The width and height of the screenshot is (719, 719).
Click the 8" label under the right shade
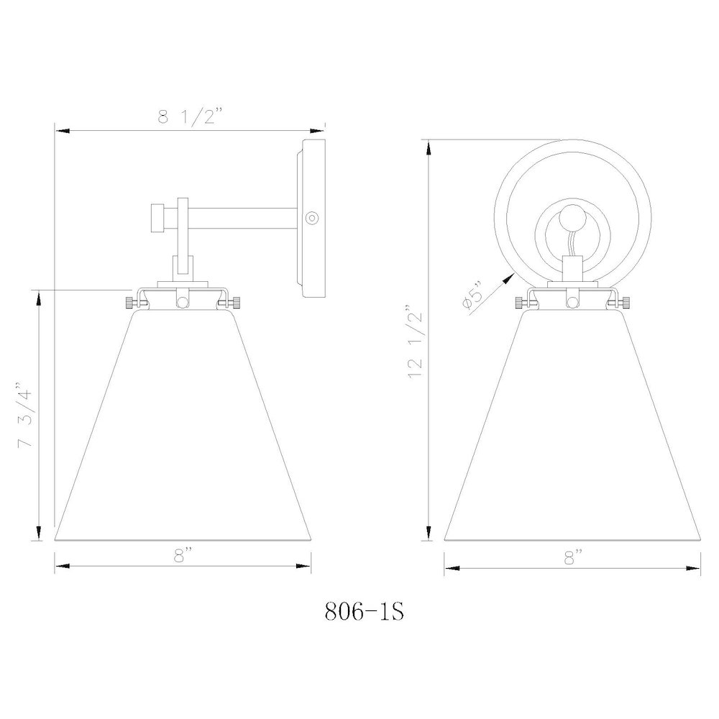pyautogui.click(x=573, y=554)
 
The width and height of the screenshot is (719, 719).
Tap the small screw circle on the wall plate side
pyautogui.click(x=311, y=216)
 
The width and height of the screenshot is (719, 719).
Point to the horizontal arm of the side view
pyautogui.click(x=241, y=216)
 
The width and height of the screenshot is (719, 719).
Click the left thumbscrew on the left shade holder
pyautogui.click(x=130, y=303)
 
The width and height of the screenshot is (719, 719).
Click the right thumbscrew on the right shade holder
pyautogui.click(x=626, y=303)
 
